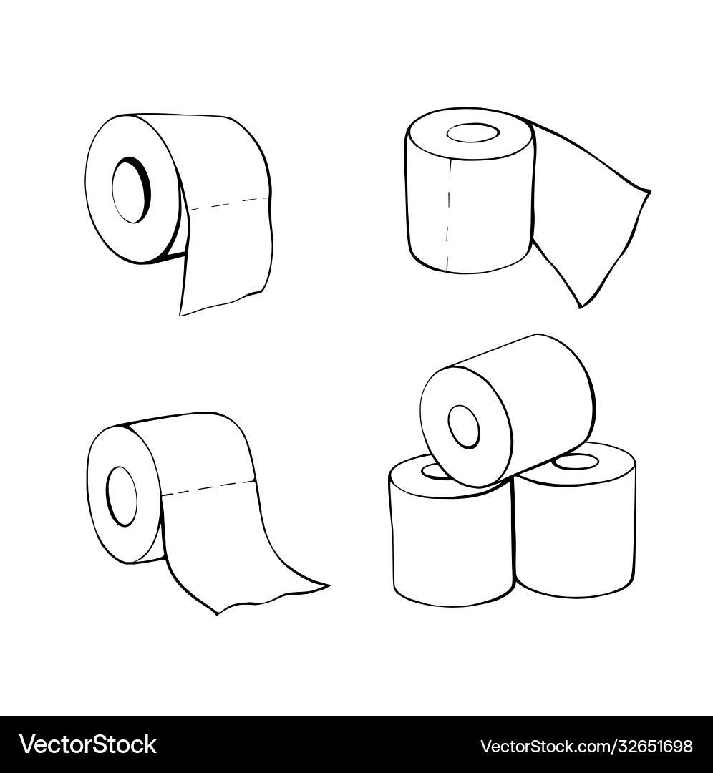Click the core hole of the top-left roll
(131, 190)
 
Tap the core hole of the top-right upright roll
(473, 133)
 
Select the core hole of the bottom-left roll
(121, 496)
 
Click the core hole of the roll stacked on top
(463, 427)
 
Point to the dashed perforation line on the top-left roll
(230, 203)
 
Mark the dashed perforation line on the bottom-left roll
(208, 487)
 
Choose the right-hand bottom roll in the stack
(575, 522)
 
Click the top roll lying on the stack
(508, 413)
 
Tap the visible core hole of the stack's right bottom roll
(576, 462)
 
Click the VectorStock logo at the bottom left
(88, 744)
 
